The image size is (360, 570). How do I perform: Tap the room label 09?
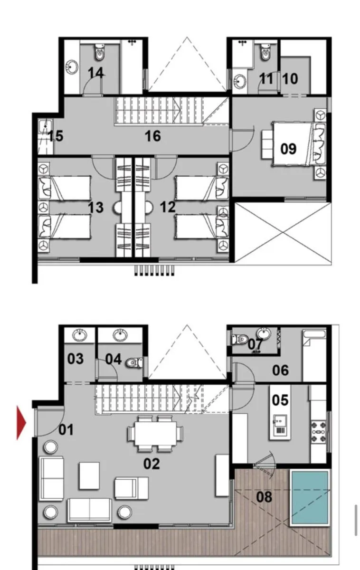pos(288,149)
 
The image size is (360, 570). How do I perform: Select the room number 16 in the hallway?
pos(153,136)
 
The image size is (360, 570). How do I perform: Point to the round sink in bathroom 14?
pos(72,67)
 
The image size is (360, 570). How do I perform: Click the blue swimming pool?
pos(310,497)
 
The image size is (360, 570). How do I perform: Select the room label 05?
pos(280,400)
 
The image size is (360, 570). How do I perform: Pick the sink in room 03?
pos(79,336)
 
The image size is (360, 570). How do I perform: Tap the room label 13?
pos(95,207)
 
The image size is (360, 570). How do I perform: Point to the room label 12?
pos(168,207)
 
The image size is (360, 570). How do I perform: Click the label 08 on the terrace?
pos(265,497)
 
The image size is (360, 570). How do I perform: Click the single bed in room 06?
pos(314,354)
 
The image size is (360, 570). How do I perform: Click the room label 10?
pos(290,78)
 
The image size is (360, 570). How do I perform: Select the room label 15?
pos(55,136)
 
